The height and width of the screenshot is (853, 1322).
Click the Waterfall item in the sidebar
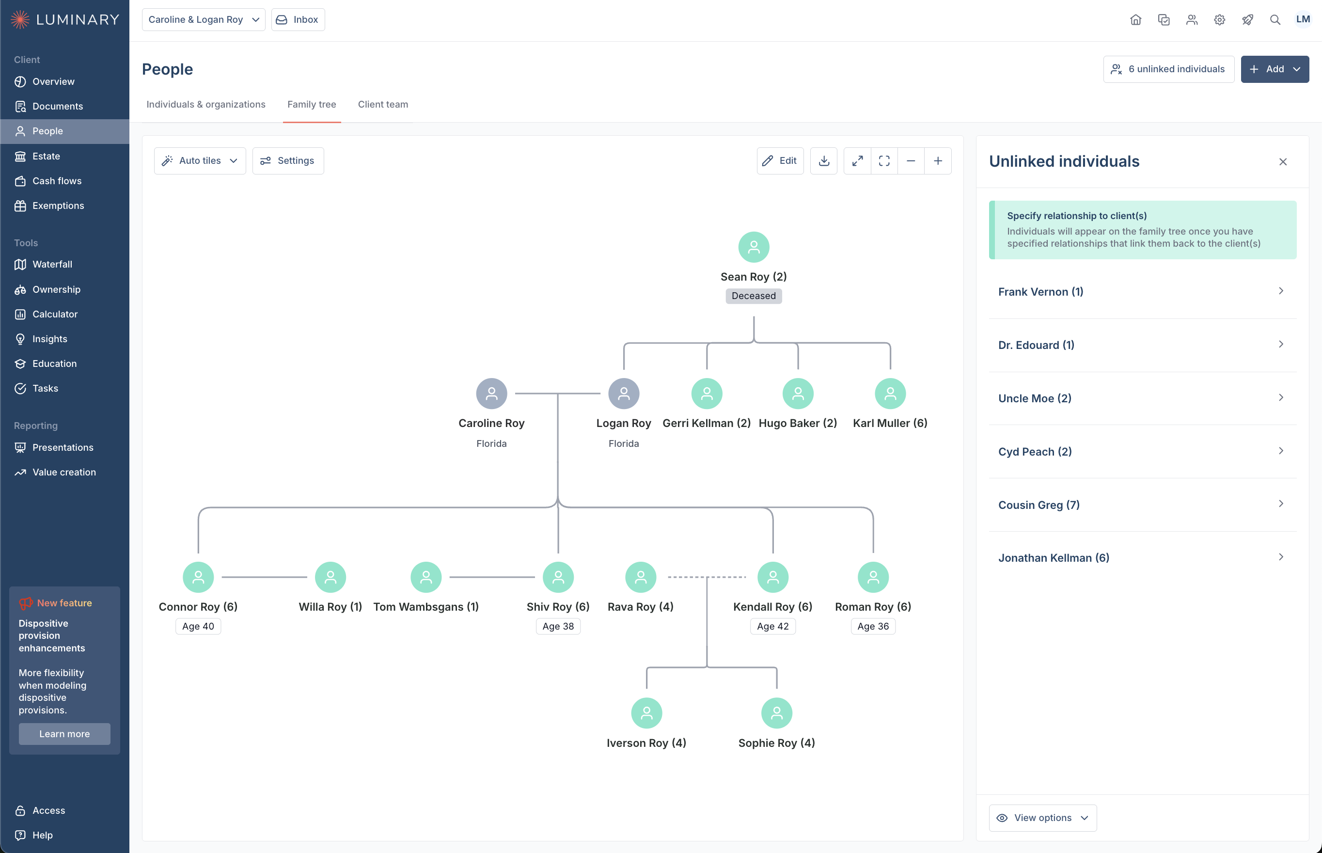[52, 264]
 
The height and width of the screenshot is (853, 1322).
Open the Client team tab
[383, 104]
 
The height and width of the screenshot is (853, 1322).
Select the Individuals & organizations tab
[205, 104]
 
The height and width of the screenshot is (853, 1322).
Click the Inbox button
[298, 19]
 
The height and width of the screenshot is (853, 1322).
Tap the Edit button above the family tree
[780, 160]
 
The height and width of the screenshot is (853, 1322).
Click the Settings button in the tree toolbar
[288, 160]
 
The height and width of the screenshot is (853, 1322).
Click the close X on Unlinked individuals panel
[1283, 162]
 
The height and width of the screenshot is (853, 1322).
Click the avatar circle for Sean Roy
[753, 247]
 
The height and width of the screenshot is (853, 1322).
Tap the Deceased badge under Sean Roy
[753, 296]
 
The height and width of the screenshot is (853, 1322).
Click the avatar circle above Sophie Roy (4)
[776, 713]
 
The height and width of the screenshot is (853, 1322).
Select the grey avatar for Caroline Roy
[491, 393]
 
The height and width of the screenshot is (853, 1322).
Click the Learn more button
[64, 733]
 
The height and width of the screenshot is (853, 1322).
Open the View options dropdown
[1042, 818]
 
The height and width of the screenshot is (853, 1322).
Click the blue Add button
[1275, 69]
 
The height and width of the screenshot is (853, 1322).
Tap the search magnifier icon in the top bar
[1275, 20]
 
